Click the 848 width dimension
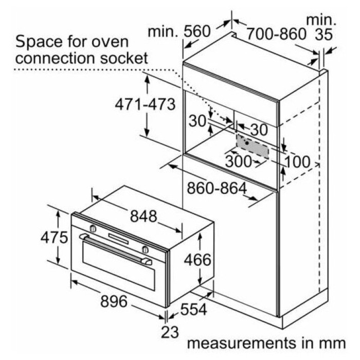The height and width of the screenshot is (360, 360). click(x=143, y=217)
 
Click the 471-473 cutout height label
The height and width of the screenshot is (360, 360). click(x=145, y=104)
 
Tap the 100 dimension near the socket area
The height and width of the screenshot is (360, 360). click(x=297, y=161)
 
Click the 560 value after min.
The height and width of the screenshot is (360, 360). click(x=197, y=31)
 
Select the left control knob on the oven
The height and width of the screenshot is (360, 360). click(x=93, y=228)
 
